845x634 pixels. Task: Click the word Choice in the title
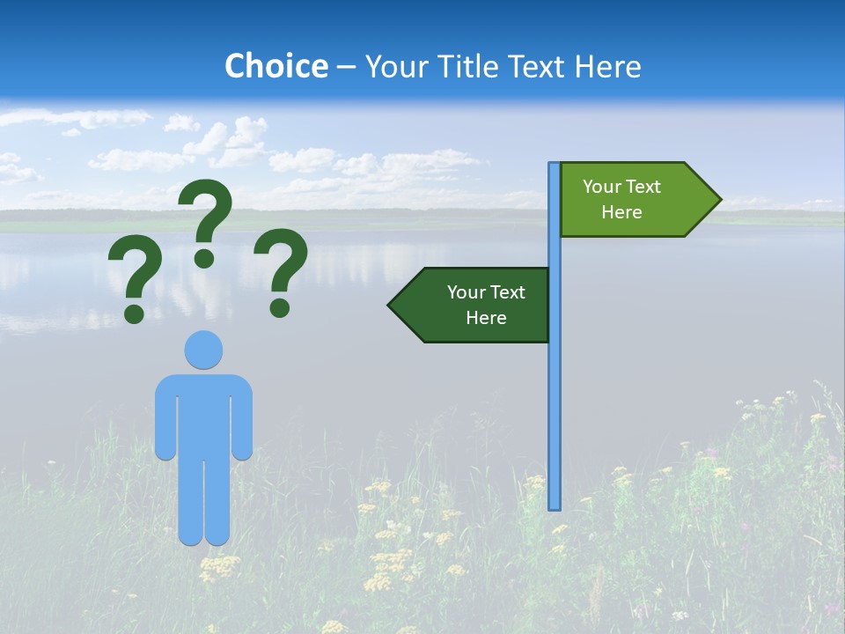(x=276, y=66)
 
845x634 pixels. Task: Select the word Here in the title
(x=608, y=66)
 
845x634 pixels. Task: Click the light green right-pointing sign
(x=629, y=200)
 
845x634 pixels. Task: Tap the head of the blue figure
(x=203, y=350)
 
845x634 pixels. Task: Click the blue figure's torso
(x=203, y=414)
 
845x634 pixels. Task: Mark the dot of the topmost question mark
(x=204, y=257)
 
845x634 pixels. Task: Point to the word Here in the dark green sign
(x=486, y=318)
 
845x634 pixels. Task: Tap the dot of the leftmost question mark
(x=134, y=313)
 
